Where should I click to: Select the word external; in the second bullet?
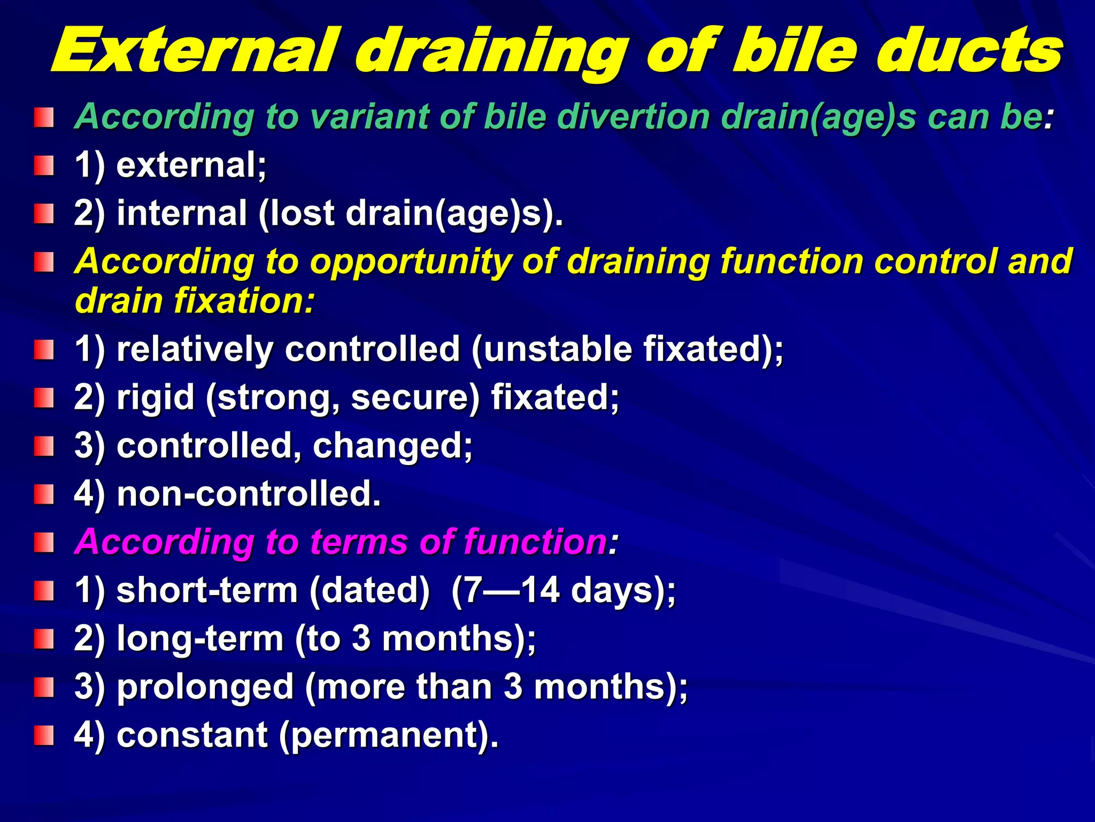pyautogui.click(x=191, y=165)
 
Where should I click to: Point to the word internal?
pyautogui.click(x=182, y=213)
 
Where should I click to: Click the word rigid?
pyautogui.click(x=155, y=397)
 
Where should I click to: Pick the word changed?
pyautogui.click(x=392, y=445)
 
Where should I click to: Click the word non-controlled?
pyautogui.click(x=249, y=493)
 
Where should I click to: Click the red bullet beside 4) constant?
pyautogui.click(x=44, y=735)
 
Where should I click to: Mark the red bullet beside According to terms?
pyautogui.click(x=44, y=542)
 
